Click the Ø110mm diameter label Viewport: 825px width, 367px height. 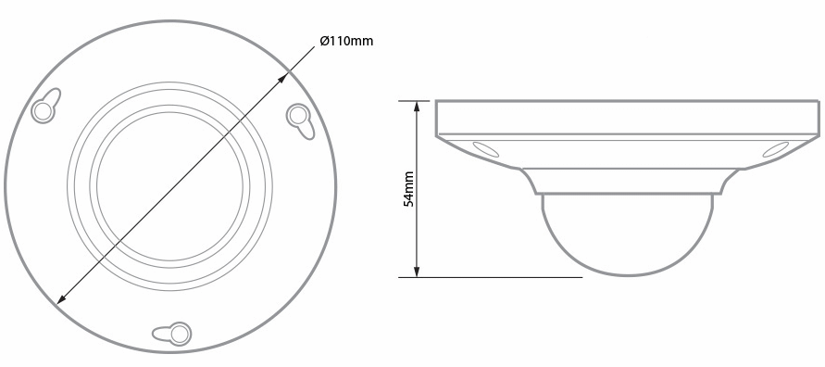coord(346,42)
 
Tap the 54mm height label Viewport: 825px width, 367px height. coord(408,189)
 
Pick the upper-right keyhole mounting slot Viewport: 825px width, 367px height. coord(299,118)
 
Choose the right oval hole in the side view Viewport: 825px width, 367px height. coord(775,148)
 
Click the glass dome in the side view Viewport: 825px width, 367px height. coord(629,236)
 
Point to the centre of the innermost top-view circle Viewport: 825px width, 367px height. coord(169,185)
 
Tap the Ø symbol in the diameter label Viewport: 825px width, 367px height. coord(325,42)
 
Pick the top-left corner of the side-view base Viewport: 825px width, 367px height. coord(436,101)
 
